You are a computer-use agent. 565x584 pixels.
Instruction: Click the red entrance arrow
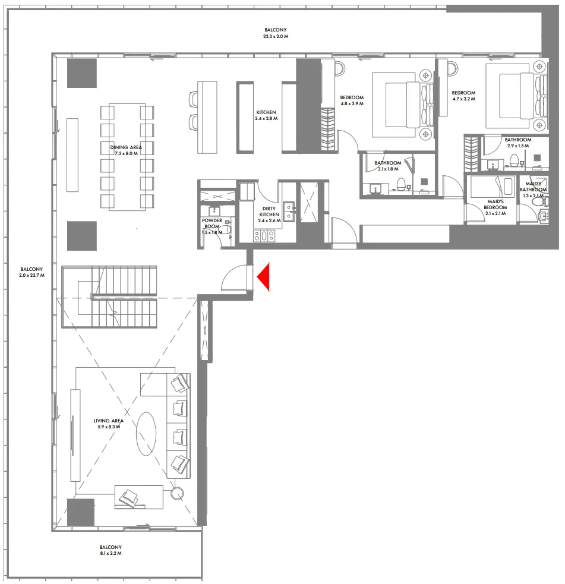[x=263, y=277]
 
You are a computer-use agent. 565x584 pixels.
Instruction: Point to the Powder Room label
[x=212, y=226]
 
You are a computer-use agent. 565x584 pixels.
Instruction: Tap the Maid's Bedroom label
[x=495, y=207]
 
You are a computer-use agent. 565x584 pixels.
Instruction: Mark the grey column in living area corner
[x=80, y=512]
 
